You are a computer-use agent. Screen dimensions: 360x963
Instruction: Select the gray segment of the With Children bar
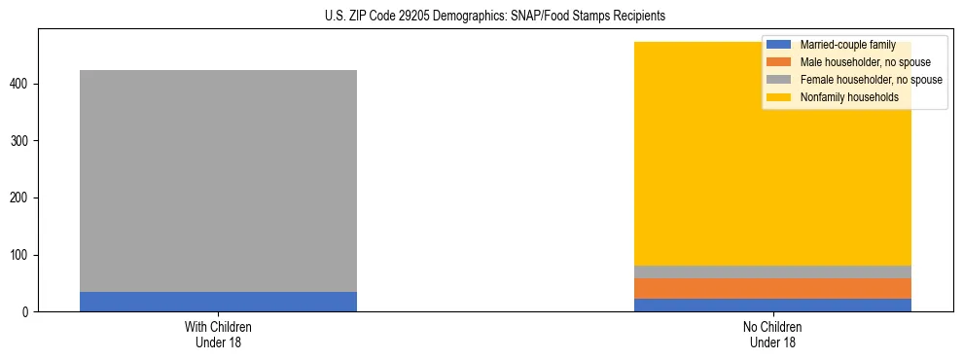click(218, 181)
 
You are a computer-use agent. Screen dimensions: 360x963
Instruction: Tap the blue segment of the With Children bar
click(218, 302)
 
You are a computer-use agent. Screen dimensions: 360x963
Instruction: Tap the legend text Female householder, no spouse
click(871, 80)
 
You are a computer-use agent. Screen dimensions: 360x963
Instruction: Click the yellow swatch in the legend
click(779, 97)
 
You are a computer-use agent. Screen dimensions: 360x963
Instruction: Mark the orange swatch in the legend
click(779, 62)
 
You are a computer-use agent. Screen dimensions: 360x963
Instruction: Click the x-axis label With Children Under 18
click(218, 334)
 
